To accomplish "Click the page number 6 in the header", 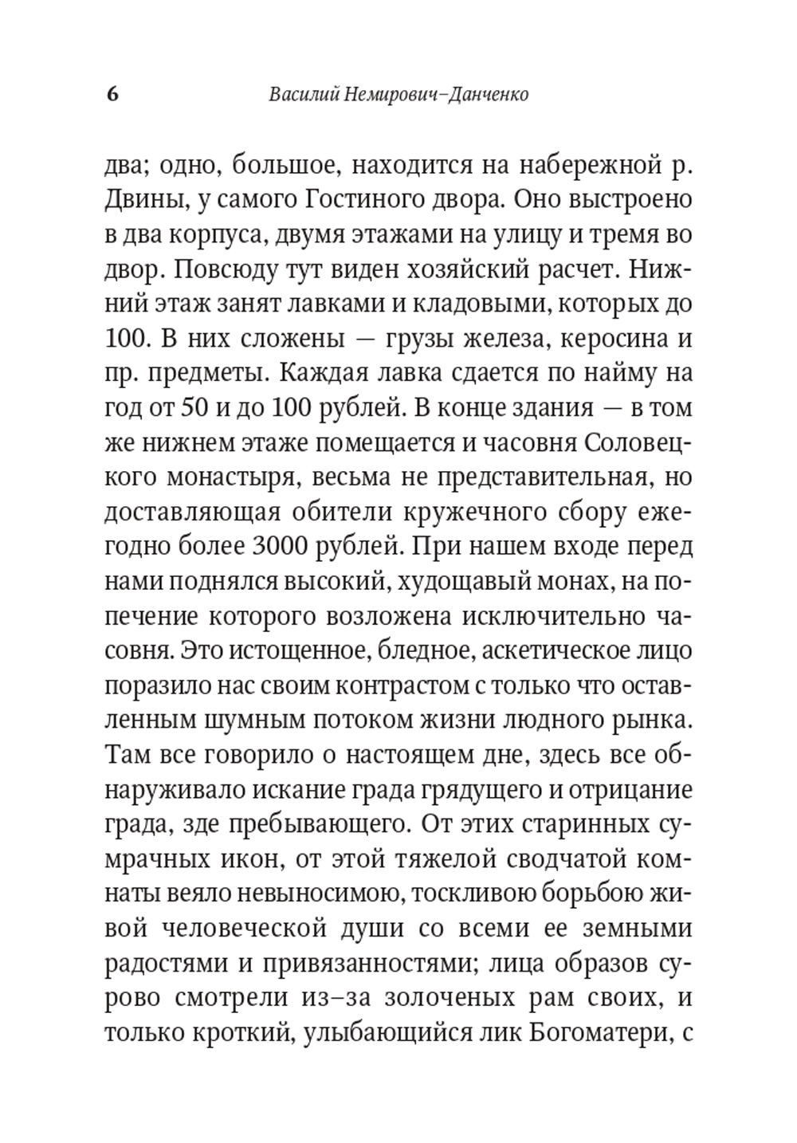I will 112,94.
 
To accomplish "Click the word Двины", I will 143,199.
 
